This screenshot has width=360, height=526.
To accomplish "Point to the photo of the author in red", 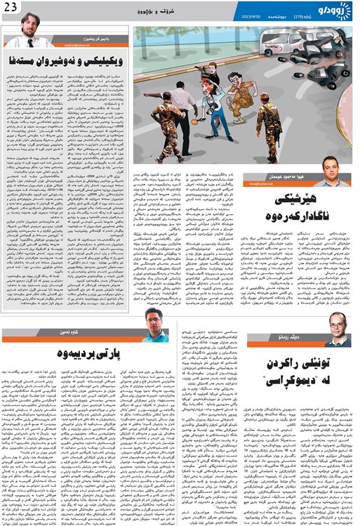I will tap(155, 327).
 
